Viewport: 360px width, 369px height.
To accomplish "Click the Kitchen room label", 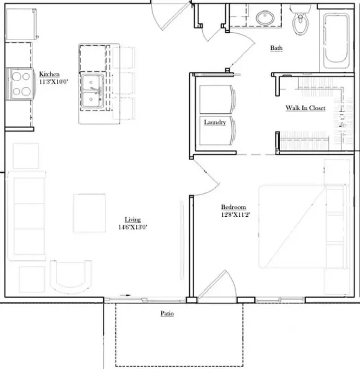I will coord(49,74).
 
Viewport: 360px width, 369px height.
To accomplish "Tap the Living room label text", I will coord(133,220).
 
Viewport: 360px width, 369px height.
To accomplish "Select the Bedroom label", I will coord(233,207).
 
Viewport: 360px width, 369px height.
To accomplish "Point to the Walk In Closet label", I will coord(305,108).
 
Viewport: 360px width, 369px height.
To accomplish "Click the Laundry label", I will coord(215,122).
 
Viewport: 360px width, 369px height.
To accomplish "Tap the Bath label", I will coord(277,48).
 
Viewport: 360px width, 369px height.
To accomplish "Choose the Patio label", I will coord(167,314).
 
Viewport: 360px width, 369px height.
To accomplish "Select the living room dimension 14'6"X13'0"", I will coord(133,227).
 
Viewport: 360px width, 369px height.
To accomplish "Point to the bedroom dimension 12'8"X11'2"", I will coord(236,214).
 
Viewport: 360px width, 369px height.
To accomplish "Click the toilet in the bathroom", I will coord(301,20).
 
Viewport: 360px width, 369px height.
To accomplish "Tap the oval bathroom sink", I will coord(266,18).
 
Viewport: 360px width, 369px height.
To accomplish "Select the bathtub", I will coord(335,41).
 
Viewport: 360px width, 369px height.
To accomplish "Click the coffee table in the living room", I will coord(89,213).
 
